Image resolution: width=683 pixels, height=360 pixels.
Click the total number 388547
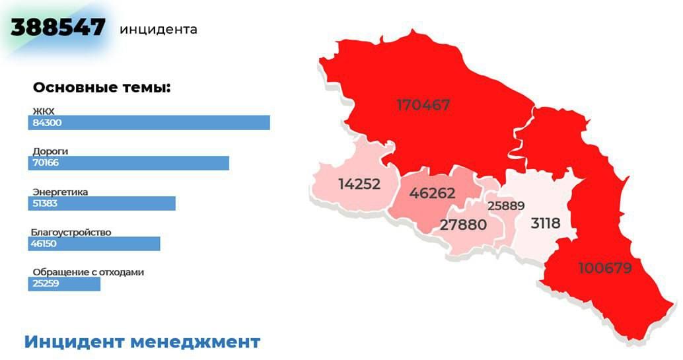(58, 27)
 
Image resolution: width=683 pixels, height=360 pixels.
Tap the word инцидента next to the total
(159, 30)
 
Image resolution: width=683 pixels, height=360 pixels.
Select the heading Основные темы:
(102, 88)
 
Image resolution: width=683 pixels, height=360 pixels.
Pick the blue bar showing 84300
(149, 122)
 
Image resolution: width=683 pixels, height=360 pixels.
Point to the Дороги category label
(50, 151)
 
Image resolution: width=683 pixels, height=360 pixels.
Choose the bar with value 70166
(129, 162)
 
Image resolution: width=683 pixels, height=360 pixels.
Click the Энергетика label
(60, 192)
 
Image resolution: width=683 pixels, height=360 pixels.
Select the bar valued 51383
(102, 203)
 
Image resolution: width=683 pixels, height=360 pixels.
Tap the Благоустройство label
(71, 233)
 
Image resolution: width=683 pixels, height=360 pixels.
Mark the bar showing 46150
(94, 244)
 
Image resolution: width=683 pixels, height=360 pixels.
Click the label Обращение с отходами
(88, 272)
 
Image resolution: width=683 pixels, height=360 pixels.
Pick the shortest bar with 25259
(64, 284)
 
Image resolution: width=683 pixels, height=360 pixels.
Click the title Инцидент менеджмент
(142, 342)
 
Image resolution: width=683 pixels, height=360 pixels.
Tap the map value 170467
(423, 105)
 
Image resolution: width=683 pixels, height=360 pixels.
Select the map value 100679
(605, 268)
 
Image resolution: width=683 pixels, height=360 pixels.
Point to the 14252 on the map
(359, 184)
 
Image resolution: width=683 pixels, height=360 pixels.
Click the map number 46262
(432, 194)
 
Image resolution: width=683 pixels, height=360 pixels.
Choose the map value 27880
(463, 225)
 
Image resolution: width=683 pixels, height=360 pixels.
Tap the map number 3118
(546, 223)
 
